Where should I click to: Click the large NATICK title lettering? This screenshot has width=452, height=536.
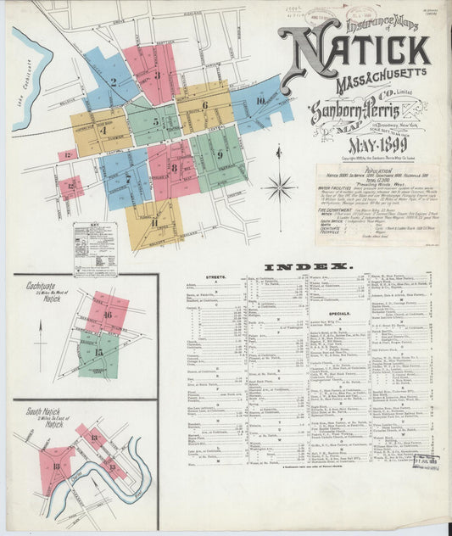[x=357, y=53]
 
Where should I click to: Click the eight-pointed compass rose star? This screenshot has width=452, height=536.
[x=279, y=187]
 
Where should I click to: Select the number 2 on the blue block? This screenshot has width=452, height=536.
[x=113, y=82]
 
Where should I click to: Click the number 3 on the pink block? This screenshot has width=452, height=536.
[x=158, y=75]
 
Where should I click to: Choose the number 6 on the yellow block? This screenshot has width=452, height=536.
[x=204, y=105]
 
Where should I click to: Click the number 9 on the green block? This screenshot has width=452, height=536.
[x=220, y=154]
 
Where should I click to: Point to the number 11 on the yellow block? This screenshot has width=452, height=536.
[x=154, y=222]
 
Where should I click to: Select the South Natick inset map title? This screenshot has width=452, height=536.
[x=42, y=416]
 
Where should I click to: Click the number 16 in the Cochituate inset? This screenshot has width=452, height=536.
[x=108, y=313]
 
